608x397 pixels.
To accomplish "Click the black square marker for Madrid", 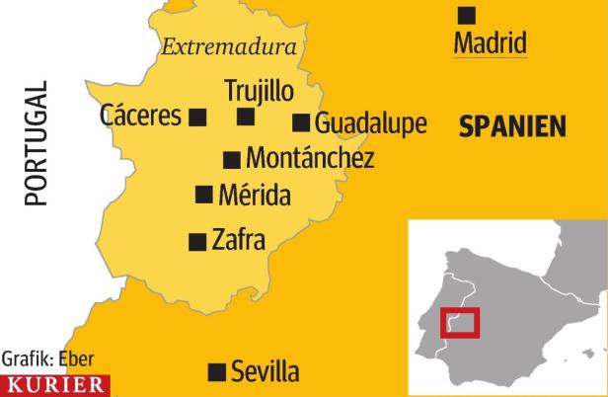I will (x=467, y=15).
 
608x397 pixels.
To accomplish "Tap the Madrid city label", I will (x=491, y=43).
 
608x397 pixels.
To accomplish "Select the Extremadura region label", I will (x=229, y=46).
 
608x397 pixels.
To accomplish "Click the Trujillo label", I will (x=260, y=91).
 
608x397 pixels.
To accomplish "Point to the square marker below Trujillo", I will (x=246, y=118).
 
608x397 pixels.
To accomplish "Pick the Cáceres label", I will (x=141, y=117).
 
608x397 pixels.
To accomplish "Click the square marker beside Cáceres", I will (x=197, y=118).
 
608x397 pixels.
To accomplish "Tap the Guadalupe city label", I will (x=371, y=123).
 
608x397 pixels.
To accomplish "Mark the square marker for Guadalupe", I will (x=301, y=122).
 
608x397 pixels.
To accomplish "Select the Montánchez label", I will (x=310, y=158).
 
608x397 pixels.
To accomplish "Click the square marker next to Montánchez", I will (x=232, y=159).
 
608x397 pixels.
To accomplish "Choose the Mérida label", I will (x=255, y=195).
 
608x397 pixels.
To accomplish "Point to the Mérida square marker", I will (x=204, y=195).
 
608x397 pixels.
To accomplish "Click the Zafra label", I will (x=239, y=239).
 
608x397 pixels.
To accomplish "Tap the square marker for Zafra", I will (x=197, y=240).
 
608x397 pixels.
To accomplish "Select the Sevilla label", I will (x=265, y=372).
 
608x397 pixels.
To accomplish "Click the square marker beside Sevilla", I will (x=215, y=372).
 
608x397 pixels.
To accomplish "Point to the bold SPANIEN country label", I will (x=512, y=126).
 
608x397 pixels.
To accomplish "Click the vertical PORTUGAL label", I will (x=37, y=144).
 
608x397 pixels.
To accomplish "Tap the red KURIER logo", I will (x=56, y=385).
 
